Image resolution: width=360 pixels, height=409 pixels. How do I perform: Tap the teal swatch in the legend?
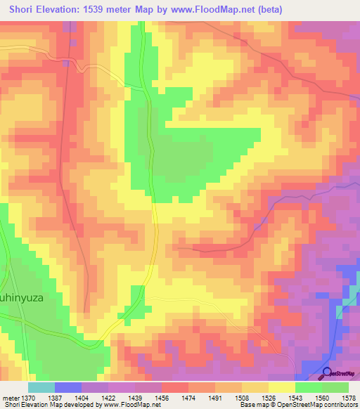pyautogui.click(x=41, y=387)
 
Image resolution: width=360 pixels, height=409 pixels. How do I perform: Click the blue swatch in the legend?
pyautogui.click(x=68, y=387)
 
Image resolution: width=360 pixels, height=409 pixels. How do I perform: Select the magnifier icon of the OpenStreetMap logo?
pyautogui.click(x=327, y=374)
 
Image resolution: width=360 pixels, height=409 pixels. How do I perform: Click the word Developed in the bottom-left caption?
pyautogui.click(x=74, y=405)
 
